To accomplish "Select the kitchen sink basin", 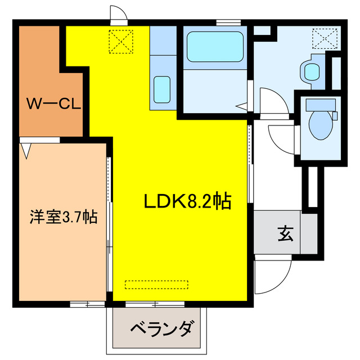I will point(162,87).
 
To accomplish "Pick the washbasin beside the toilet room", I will point(310,70).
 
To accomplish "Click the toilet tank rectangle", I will point(321,104).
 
